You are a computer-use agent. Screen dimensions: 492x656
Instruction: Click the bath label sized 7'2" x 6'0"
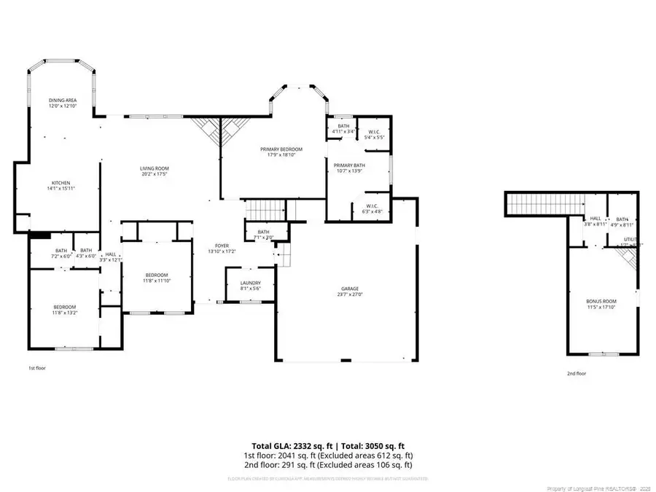[61, 252]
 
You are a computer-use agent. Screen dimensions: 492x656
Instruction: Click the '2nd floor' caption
[576, 373]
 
